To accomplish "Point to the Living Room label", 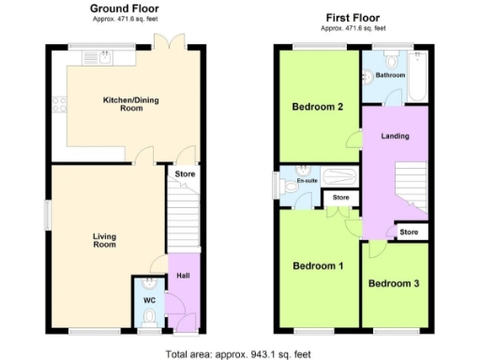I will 103,240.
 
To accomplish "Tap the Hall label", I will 183,276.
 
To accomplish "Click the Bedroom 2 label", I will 317,106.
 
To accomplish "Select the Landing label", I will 394,137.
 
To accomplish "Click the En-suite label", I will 307,180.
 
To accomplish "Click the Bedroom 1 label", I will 318,265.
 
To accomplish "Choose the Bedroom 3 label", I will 394,283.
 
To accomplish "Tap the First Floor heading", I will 353,18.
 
